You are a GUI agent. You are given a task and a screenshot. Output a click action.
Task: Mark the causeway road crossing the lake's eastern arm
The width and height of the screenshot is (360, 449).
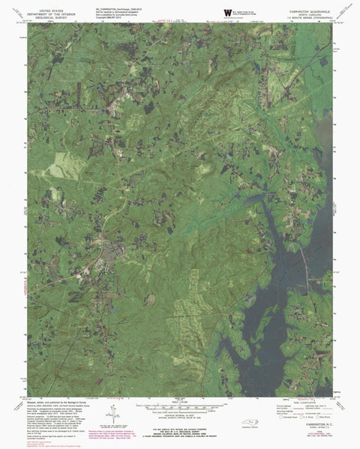click(304, 259)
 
